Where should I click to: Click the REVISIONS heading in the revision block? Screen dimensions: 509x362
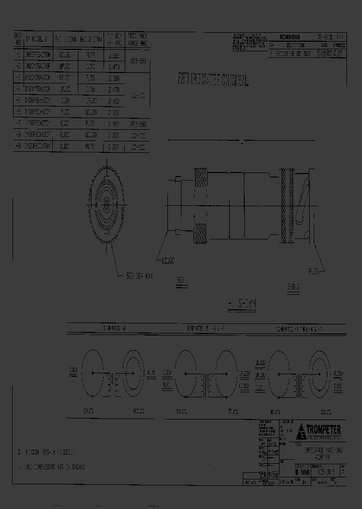[290, 37]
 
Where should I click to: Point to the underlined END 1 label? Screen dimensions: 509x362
[182, 280]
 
